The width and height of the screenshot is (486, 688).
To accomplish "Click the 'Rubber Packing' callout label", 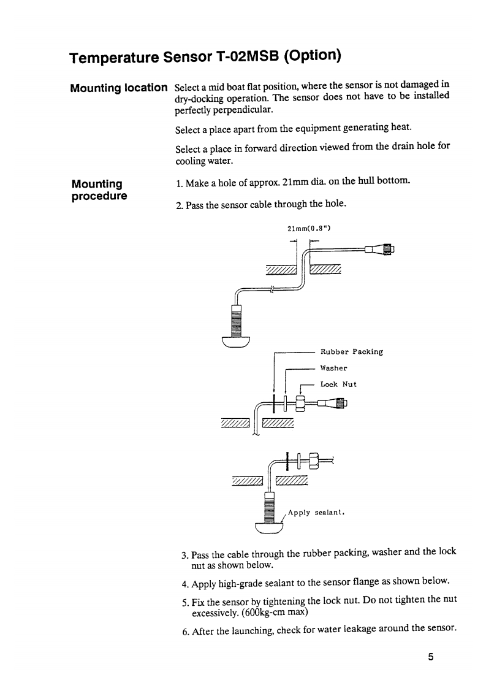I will (352, 352).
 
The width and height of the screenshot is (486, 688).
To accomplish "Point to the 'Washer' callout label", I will (334, 369).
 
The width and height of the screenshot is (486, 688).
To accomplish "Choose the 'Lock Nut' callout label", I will (338, 384).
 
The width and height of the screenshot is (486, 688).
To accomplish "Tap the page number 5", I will (431, 657).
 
